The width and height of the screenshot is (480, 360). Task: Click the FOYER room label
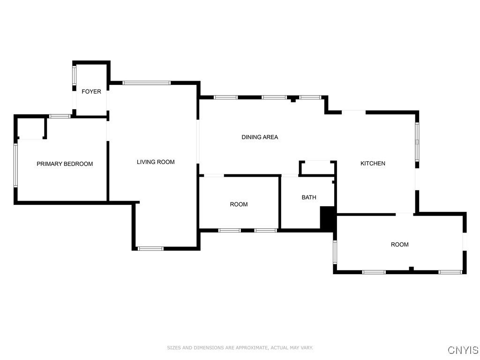[91, 91]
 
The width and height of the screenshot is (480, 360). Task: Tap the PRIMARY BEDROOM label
[65, 164]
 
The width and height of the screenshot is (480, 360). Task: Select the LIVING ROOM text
[156, 162]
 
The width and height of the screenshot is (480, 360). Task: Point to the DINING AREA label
[260, 137]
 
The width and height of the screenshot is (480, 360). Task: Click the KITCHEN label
[373, 164]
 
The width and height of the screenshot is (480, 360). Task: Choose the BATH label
[309, 197]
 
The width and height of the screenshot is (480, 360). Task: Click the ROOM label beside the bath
[239, 204]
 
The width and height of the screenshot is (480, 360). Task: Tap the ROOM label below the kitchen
[400, 245]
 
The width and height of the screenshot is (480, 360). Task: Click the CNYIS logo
[463, 350]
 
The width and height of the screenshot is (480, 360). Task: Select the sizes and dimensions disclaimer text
[240, 348]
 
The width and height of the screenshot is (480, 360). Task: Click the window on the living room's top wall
[147, 83]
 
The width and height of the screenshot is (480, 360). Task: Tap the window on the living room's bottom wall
[150, 248]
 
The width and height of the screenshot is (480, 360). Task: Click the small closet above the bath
[318, 168]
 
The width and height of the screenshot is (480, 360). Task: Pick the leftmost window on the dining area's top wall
[226, 97]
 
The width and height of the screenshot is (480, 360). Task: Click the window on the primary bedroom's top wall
[60, 116]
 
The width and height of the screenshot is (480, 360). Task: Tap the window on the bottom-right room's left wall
[335, 251]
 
